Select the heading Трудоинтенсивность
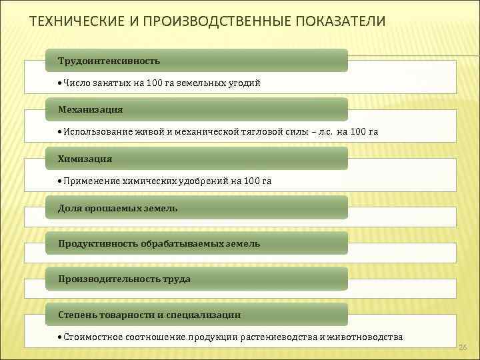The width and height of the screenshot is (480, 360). [x=109, y=61]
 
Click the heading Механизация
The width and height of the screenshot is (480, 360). [x=90, y=109]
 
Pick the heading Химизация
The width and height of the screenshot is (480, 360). [x=85, y=159]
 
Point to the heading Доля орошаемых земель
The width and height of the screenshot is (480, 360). [x=117, y=208]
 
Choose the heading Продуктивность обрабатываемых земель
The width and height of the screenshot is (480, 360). [x=159, y=243]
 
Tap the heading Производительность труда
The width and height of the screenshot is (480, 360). [x=124, y=279]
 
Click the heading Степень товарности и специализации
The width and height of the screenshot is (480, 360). [x=149, y=314]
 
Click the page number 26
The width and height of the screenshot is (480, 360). [x=463, y=347]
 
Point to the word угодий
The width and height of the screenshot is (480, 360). [x=244, y=83]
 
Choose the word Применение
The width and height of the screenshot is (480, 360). [x=88, y=181]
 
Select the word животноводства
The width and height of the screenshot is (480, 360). [x=365, y=337]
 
